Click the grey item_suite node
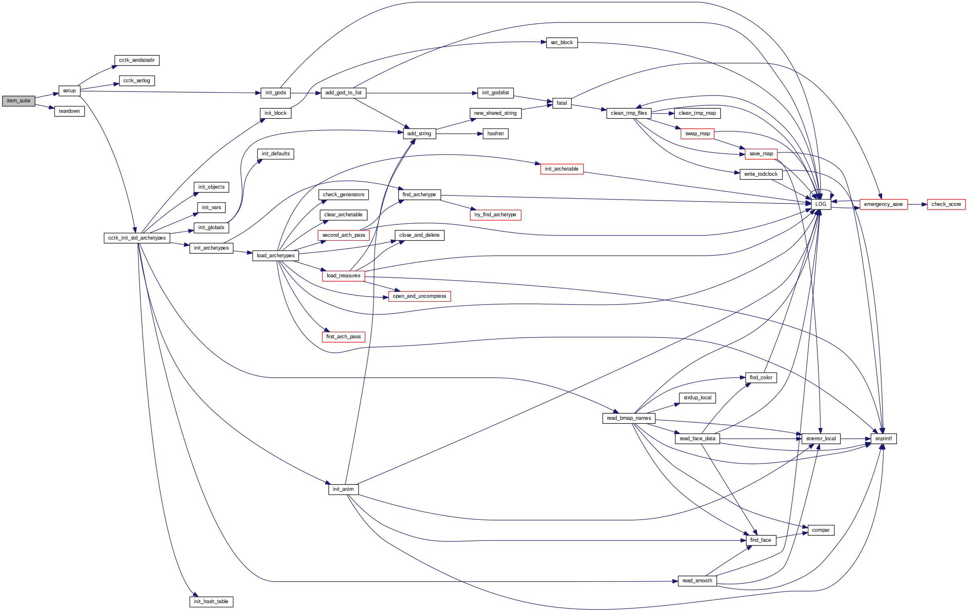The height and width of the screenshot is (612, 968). click(x=18, y=101)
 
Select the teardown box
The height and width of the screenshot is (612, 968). click(x=69, y=111)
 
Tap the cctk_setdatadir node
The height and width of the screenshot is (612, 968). click(x=137, y=60)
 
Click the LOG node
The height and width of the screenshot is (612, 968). click(x=821, y=204)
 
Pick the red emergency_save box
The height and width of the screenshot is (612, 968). click(x=883, y=204)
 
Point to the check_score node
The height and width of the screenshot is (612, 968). click(x=946, y=204)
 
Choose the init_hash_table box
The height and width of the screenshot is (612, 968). click(x=211, y=602)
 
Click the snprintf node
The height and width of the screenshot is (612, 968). click(x=883, y=438)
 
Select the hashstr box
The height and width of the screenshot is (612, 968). click(x=495, y=134)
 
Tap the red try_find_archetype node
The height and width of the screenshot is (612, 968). click(x=495, y=215)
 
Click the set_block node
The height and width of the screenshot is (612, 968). click(x=562, y=43)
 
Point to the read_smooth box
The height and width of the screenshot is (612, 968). click(x=697, y=581)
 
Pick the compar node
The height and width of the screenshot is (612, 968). click(x=821, y=530)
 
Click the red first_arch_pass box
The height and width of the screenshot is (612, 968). click(x=343, y=337)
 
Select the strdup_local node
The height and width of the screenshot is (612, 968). click(x=697, y=398)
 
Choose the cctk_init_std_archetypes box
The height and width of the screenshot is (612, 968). click(x=137, y=238)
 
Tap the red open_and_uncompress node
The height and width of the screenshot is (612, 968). click(x=419, y=296)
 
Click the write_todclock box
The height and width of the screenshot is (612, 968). click(x=760, y=175)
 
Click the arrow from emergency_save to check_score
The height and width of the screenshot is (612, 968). click(x=917, y=204)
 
